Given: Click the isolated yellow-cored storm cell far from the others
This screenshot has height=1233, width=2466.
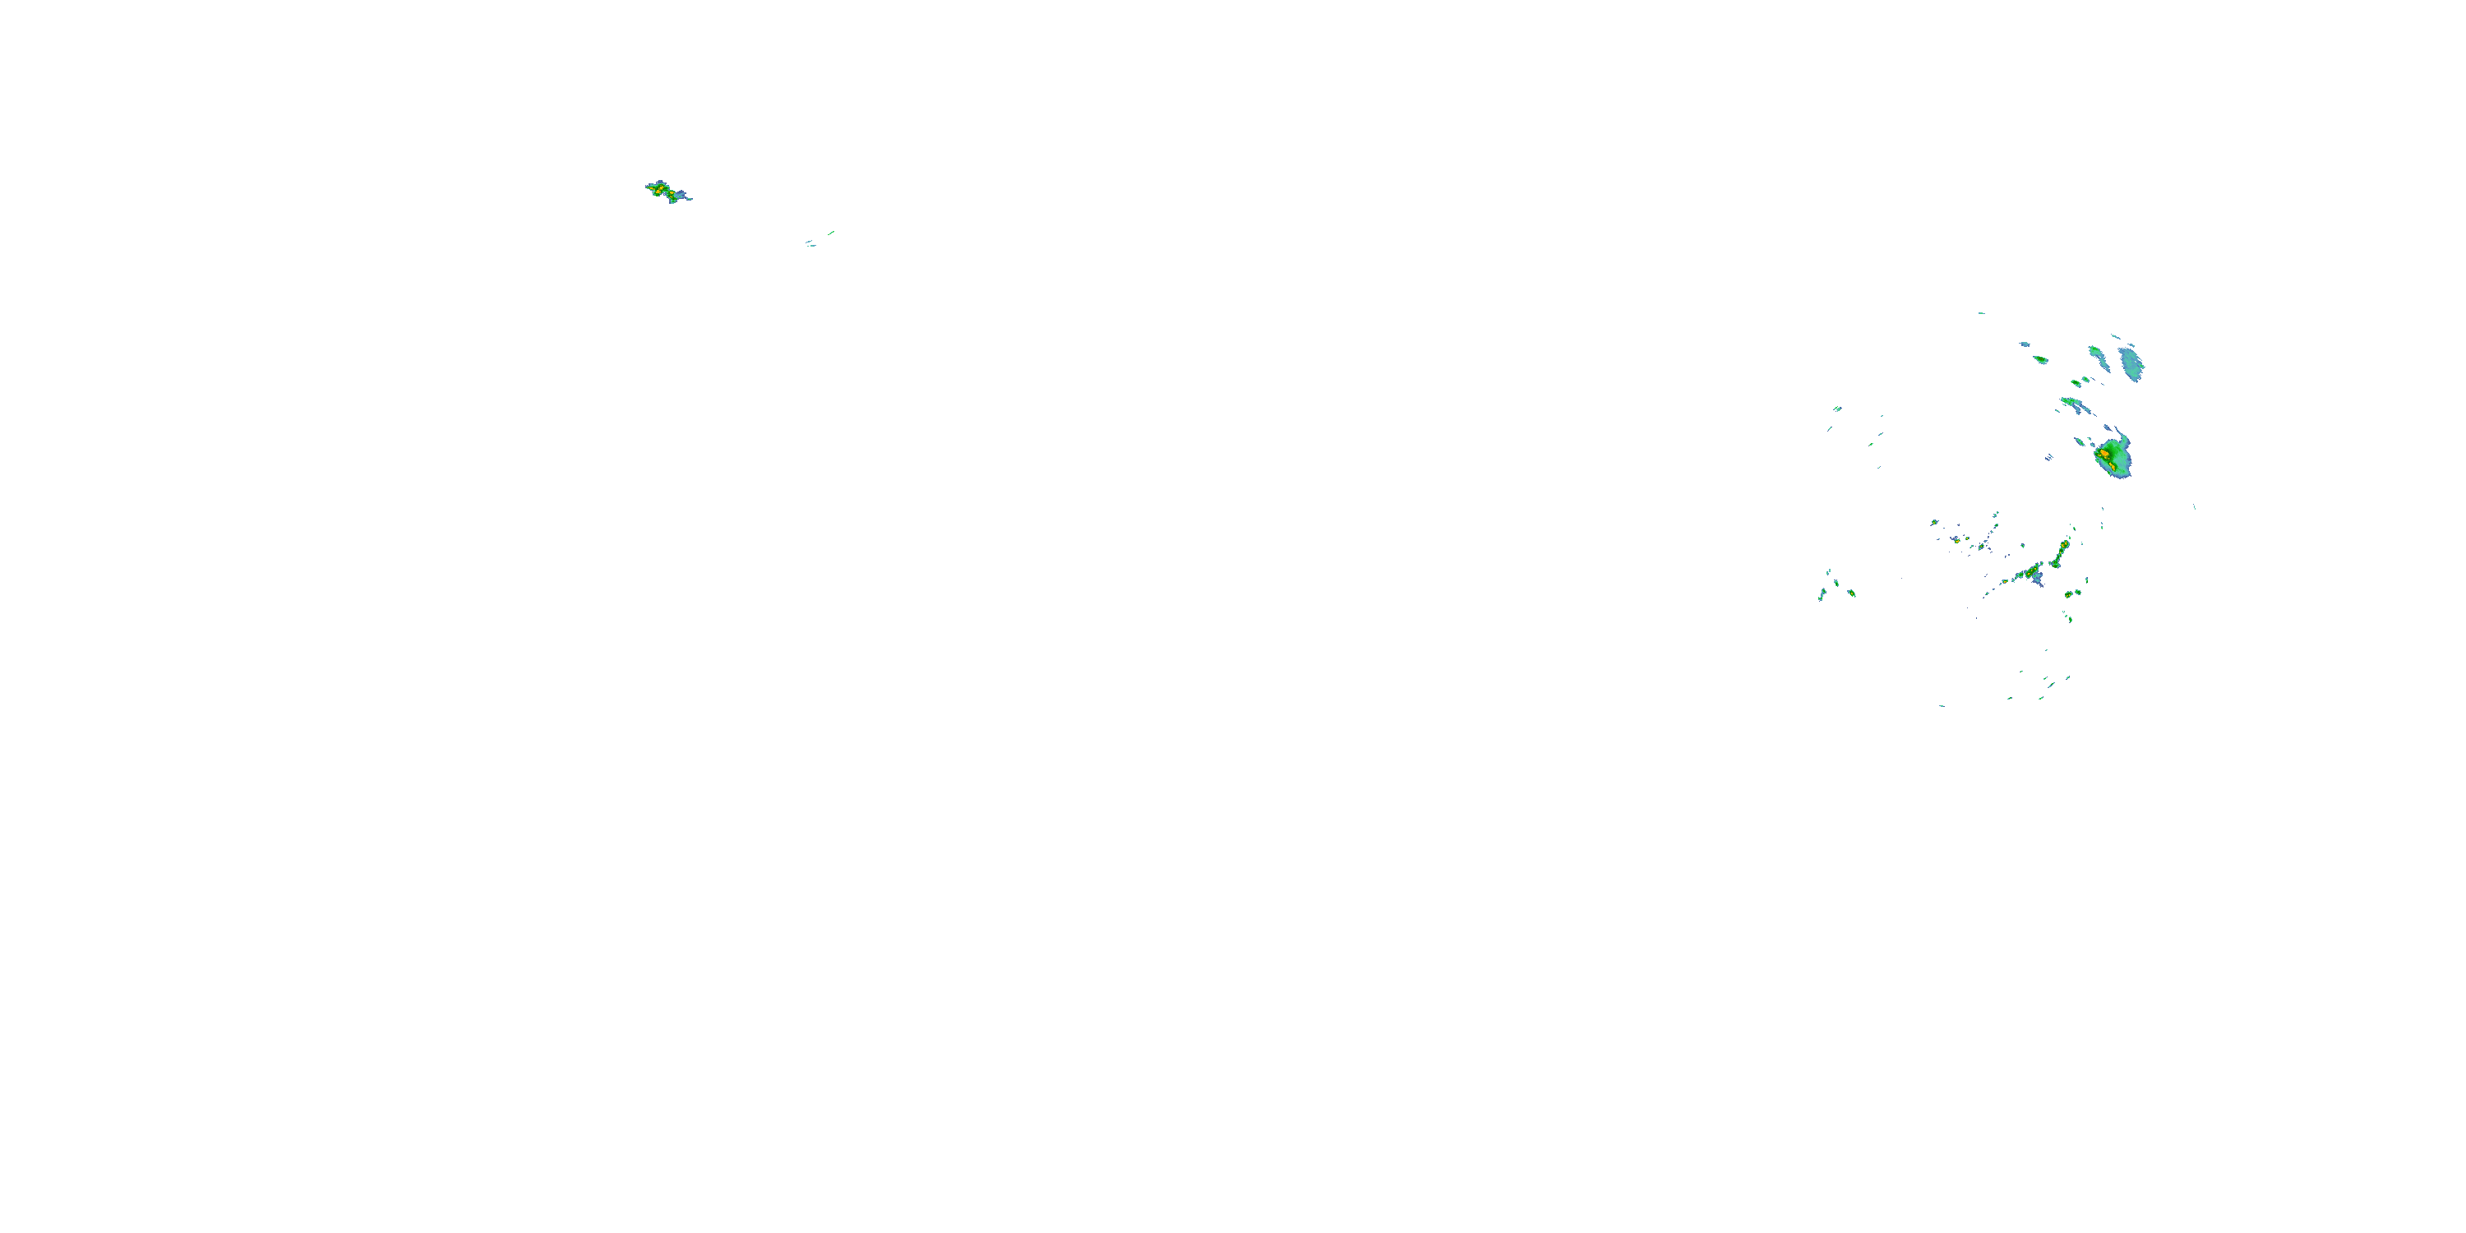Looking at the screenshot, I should (663, 190).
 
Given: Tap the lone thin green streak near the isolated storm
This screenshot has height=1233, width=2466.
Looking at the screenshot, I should (831, 232).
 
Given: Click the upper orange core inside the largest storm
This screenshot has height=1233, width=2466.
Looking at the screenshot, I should (2105, 449).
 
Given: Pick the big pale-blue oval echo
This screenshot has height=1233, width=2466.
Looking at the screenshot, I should (2132, 364).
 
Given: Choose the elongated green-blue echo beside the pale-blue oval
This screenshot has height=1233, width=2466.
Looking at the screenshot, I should (2098, 358).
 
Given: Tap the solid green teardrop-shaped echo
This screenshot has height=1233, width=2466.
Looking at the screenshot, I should (2041, 360).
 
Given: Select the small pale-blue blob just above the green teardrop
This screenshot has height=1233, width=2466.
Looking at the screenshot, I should (2025, 344).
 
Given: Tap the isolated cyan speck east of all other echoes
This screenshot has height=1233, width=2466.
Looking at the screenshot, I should (2194, 507).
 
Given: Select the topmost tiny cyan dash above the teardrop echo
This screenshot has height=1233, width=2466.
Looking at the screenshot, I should (1981, 313).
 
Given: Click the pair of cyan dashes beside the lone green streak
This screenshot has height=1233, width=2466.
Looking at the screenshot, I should (810, 244).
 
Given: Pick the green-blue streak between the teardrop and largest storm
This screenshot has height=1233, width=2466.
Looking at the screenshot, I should (2076, 406).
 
